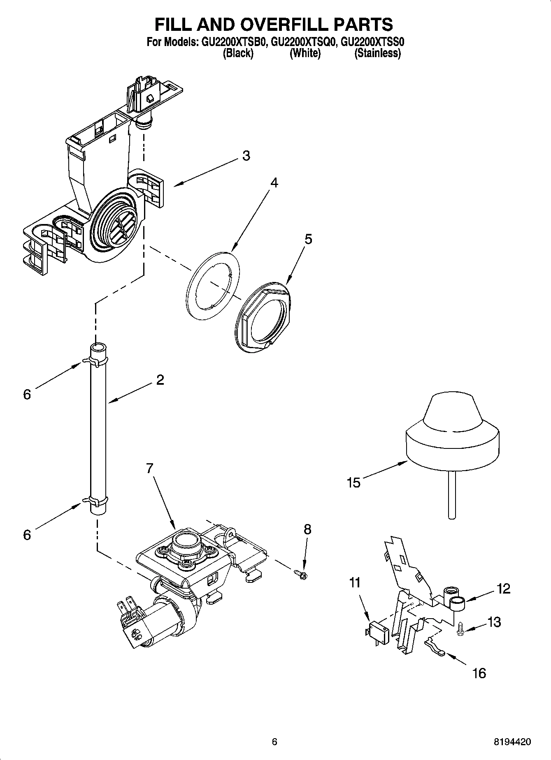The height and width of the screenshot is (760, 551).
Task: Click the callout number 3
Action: (246, 156)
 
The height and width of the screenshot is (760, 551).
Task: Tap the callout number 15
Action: (353, 483)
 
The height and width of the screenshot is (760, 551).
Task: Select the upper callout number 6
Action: (27, 395)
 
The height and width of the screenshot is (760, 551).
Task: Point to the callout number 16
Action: (479, 673)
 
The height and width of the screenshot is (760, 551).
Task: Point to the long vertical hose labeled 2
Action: (98, 427)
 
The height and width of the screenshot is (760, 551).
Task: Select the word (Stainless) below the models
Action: (377, 53)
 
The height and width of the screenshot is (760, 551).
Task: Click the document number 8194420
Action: (512, 742)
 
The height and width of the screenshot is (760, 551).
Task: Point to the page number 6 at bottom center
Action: (275, 742)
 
